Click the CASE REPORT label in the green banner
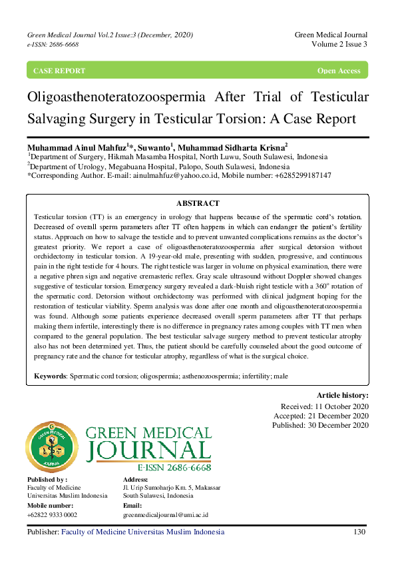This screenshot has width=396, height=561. click(x=59, y=71)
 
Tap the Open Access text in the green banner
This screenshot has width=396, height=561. click(x=339, y=71)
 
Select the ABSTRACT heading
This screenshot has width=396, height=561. click(x=198, y=203)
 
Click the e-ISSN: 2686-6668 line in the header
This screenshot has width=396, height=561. click(x=53, y=44)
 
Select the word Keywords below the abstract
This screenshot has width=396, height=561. click(x=50, y=376)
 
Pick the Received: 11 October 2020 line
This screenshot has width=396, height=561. click(x=324, y=406)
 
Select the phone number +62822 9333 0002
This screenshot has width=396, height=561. click(x=52, y=515)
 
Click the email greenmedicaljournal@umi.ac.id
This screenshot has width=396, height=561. click(x=166, y=515)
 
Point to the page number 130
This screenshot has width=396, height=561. click(x=359, y=532)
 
